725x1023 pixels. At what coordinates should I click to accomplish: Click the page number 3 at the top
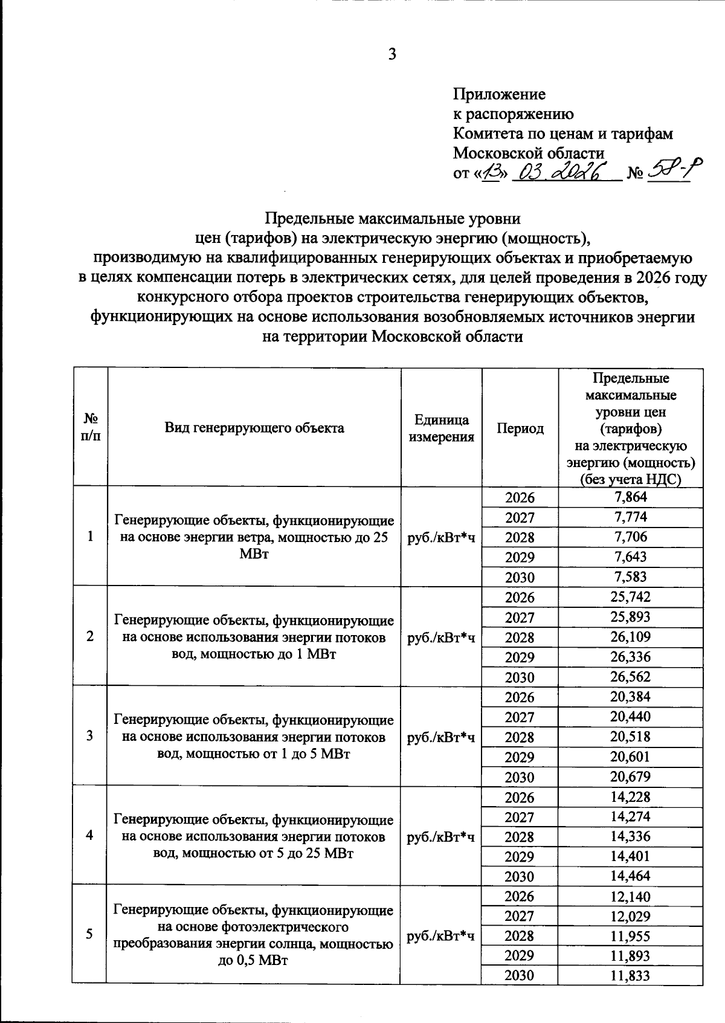(392, 54)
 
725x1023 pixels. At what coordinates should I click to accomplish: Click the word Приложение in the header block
(499, 94)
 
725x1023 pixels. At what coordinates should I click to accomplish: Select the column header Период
(520, 428)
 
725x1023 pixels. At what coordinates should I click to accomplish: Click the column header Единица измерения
(442, 428)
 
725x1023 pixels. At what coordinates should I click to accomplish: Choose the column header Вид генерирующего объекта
(254, 428)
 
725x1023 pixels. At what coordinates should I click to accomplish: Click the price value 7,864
(630, 497)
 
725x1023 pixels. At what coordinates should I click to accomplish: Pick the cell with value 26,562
(630, 676)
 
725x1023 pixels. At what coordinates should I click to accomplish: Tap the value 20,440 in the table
(630, 717)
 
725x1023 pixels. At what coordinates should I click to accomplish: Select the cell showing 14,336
(630, 836)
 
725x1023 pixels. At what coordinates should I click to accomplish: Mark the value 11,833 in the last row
(630, 975)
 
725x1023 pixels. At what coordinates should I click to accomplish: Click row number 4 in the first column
(89, 835)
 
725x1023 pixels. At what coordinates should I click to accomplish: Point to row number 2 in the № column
(89, 636)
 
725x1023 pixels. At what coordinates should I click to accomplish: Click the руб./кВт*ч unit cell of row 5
(441, 935)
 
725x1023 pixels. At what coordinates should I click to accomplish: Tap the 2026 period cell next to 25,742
(520, 598)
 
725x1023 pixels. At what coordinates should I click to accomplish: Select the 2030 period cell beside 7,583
(520, 577)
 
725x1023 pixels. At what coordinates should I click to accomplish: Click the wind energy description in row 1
(254, 537)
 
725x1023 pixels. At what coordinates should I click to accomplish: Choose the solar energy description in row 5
(254, 935)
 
